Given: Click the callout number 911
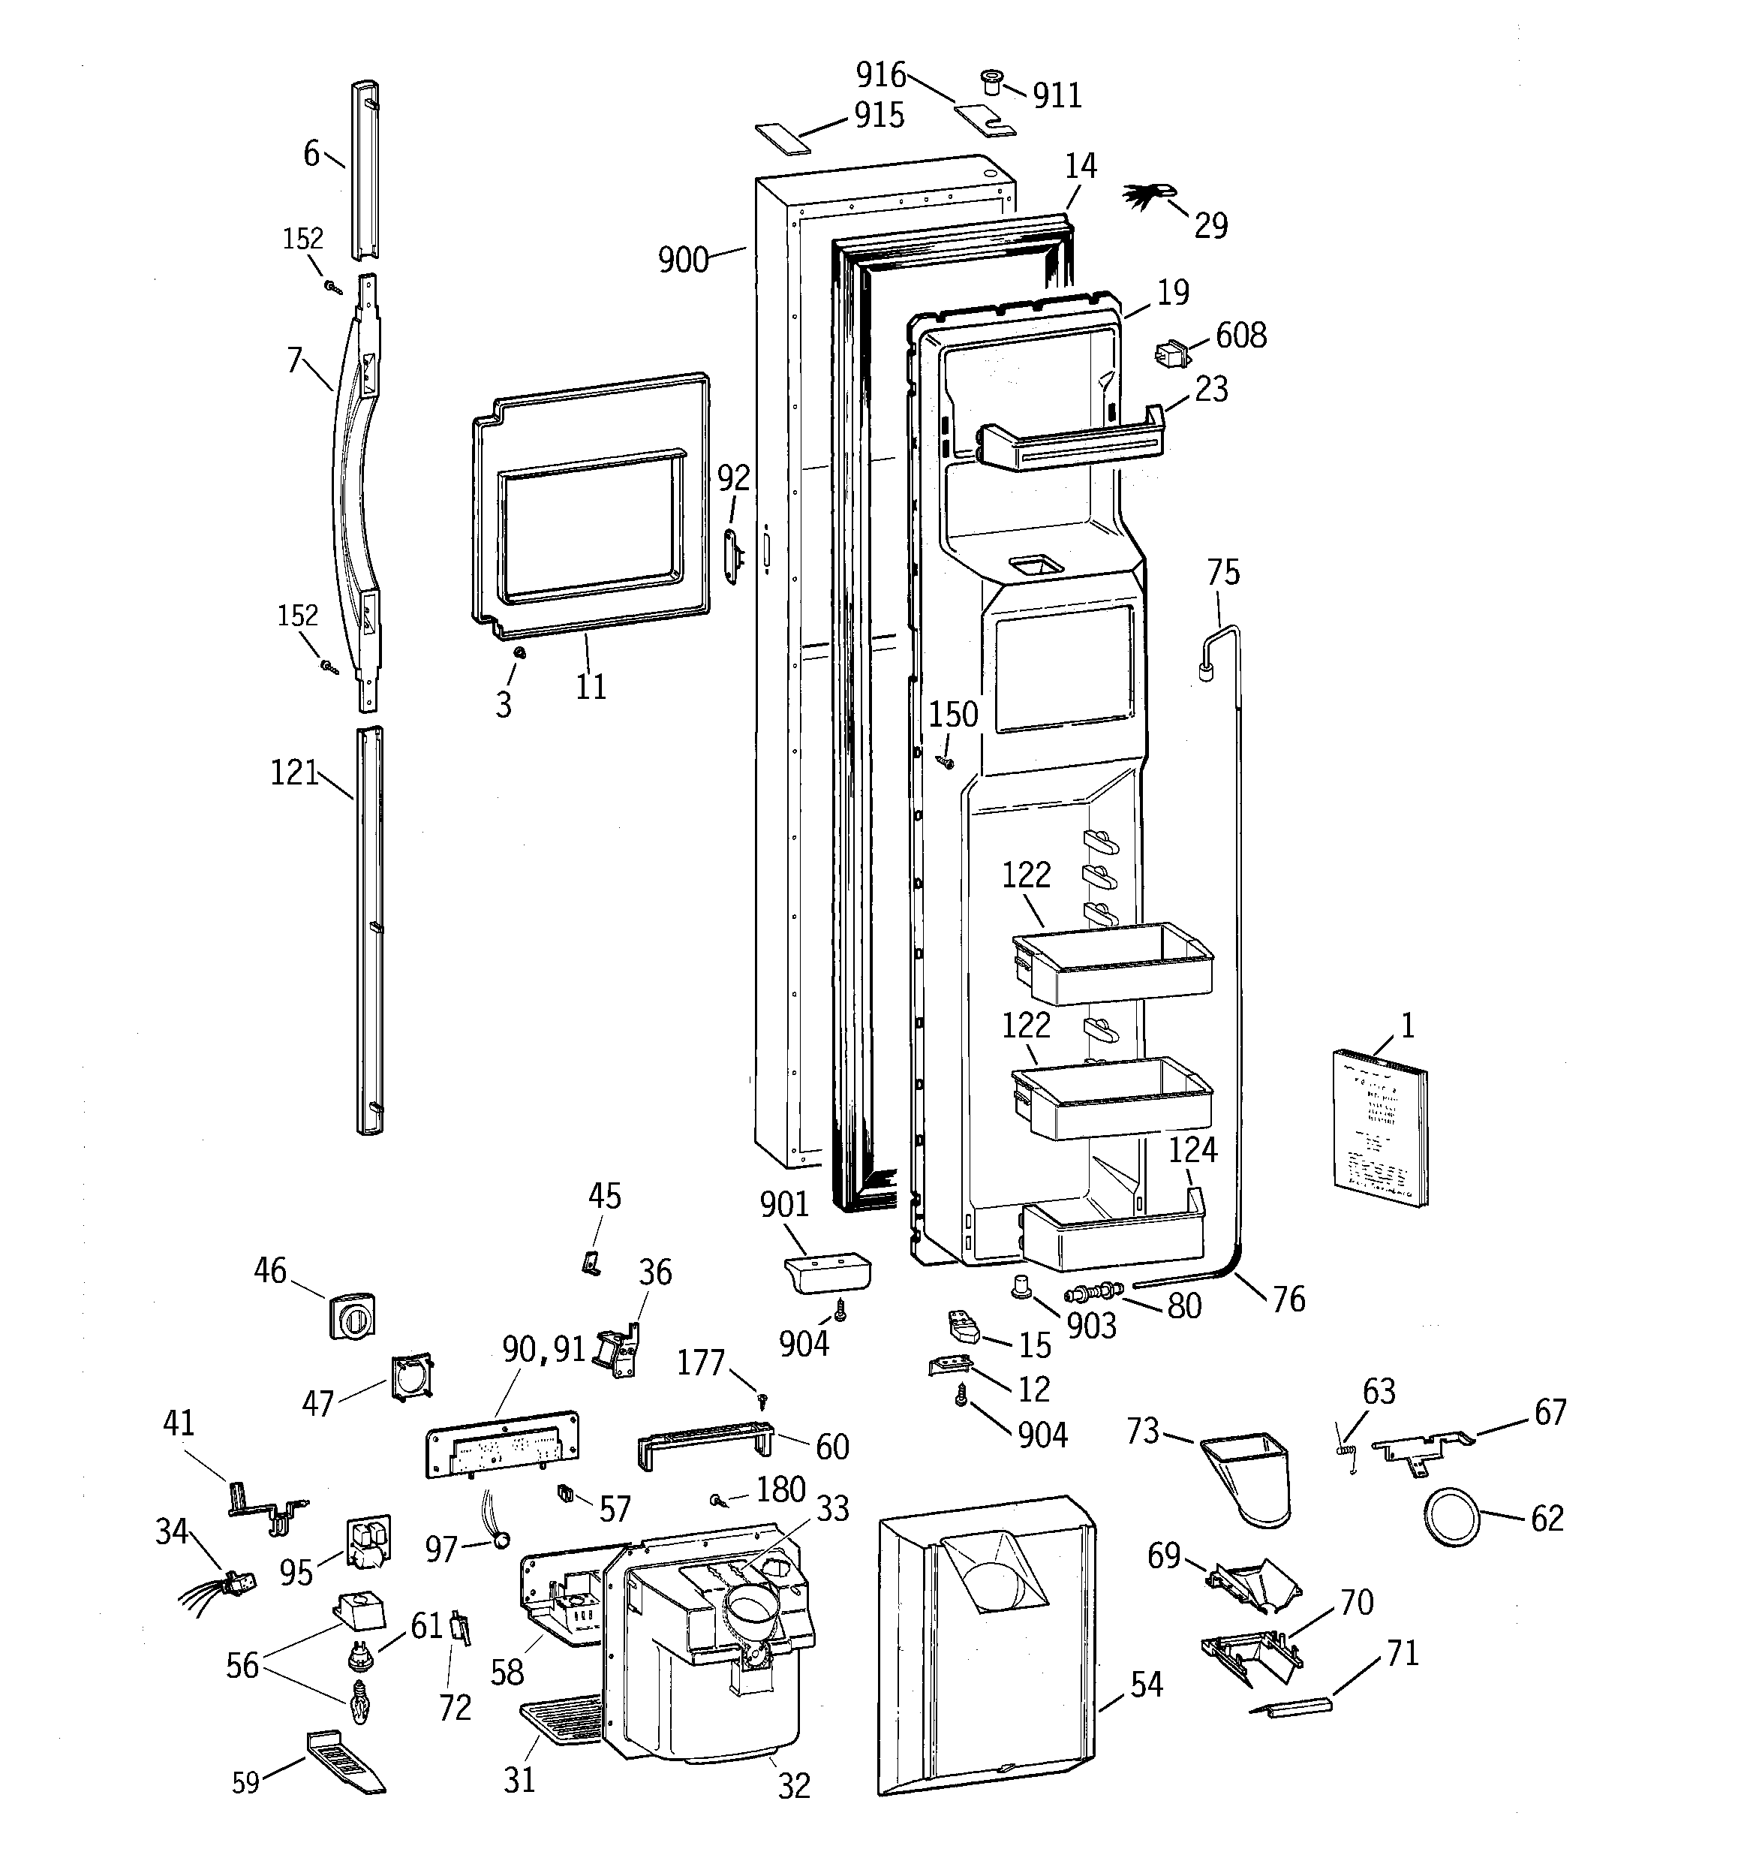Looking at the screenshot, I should coord(1057,95).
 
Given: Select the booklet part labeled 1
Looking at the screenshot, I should coord(1380,1129).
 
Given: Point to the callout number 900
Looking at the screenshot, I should coord(683,260).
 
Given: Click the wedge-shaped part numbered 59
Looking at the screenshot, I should coord(344,1762).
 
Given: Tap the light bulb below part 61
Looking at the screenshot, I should coord(359,1704).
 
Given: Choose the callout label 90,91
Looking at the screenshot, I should coord(543,1348).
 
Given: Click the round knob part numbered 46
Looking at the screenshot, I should coord(351,1317).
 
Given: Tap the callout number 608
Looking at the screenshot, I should coord(1241,336).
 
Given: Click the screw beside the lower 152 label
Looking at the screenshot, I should coord(329,667).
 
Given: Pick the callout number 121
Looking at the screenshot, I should coord(294,773).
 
